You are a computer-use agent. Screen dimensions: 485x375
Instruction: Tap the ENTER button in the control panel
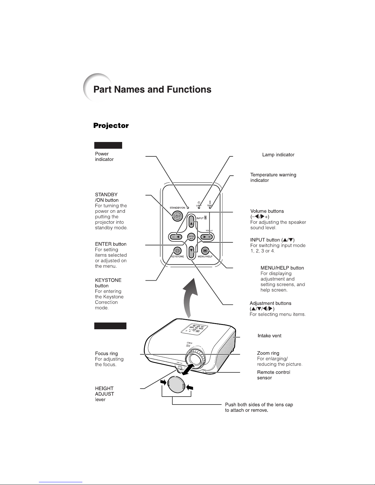click(x=191, y=237)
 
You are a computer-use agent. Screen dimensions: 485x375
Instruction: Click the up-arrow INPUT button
click(x=191, y=222)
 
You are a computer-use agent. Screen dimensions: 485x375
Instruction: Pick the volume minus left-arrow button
click(x=175, y=237)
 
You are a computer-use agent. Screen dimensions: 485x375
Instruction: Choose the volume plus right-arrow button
click(x=207, y=237)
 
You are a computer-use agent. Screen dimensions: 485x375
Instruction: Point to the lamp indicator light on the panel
click(x=199, y=208)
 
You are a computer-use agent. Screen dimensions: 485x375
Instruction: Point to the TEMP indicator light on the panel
click(x=210, y=208)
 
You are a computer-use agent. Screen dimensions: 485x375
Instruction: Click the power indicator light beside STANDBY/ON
click(x=188, y=208)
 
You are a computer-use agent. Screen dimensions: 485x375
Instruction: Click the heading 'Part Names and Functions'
click(x=152, y=89)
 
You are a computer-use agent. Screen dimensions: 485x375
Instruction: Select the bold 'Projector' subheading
click(x=111, y=125)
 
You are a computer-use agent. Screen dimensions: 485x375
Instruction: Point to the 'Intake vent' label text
click(x=269, y=336)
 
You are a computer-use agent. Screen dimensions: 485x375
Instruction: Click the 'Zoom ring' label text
click(x=268, y=353)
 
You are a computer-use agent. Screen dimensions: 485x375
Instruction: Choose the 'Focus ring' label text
click(x=106, y=353)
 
